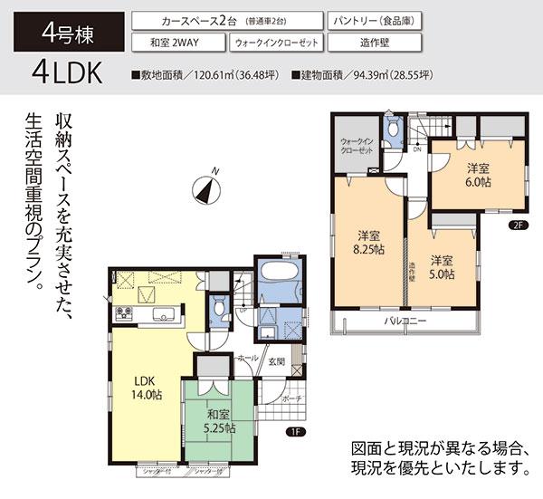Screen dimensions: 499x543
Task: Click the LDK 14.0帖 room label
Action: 143,387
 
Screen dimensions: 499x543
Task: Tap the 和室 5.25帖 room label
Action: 218,421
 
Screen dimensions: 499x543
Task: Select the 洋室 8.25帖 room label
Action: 367,243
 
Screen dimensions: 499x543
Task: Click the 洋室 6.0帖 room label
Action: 478,175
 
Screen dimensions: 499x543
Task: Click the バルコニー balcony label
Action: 404,321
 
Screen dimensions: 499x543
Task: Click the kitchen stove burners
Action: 123,314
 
